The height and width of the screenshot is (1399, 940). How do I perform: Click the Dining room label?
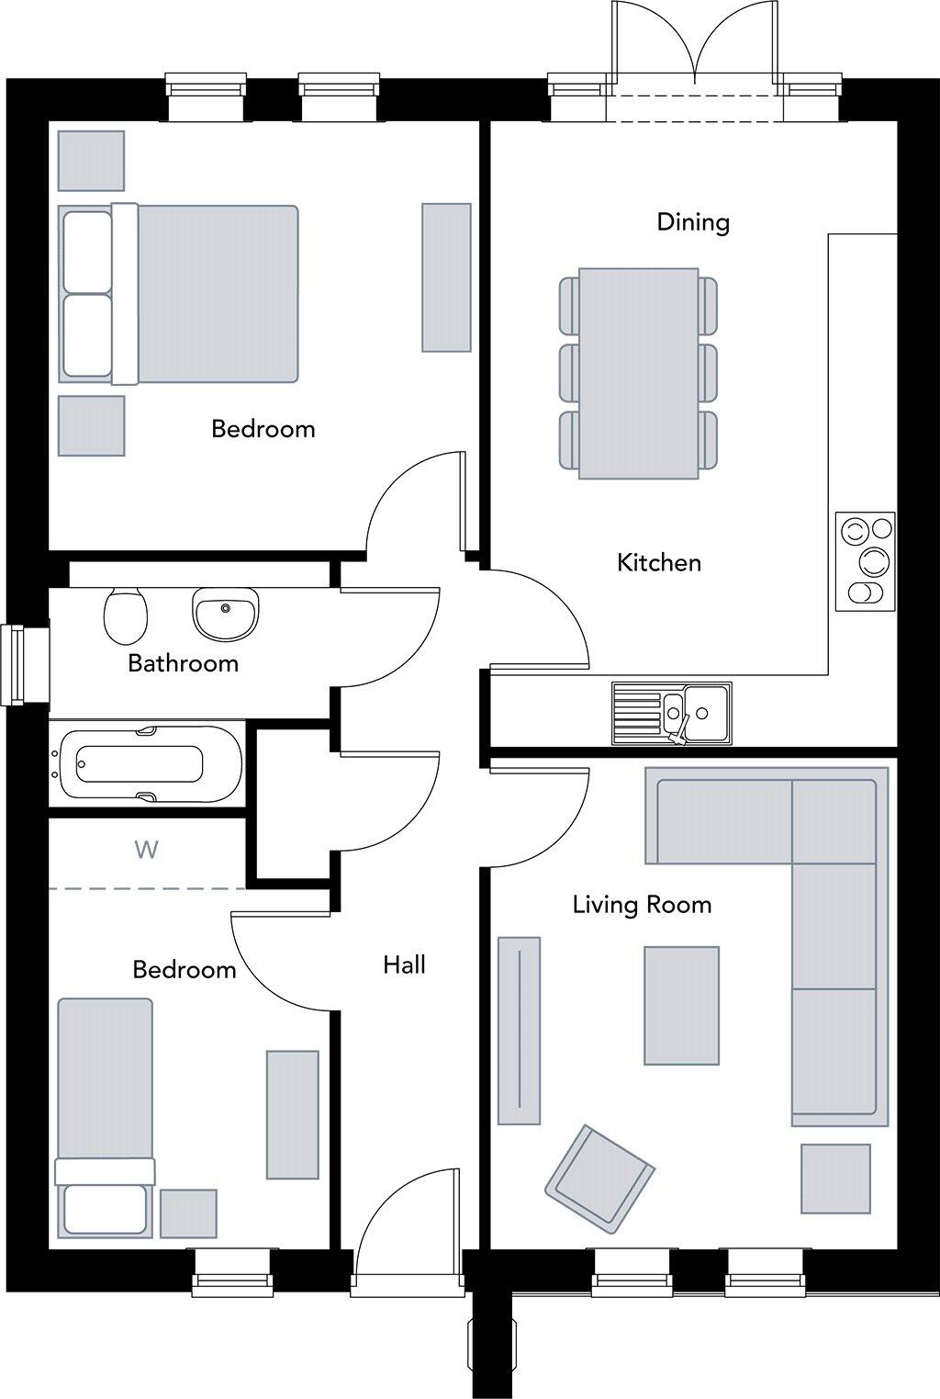pos(693,222)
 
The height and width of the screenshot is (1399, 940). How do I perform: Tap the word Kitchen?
pos(659,562)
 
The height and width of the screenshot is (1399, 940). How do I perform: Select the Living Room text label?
pos(642,905)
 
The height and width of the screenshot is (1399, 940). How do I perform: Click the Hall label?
pos(404,965)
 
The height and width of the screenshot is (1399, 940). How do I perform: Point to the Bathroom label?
pos(183,663)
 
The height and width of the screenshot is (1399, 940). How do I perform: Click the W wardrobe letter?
pos(146,850)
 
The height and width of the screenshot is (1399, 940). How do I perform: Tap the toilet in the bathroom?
pos(126,615)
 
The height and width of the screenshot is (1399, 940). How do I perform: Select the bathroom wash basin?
pos(225,615)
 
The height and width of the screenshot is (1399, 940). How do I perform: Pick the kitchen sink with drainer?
pos(672,714)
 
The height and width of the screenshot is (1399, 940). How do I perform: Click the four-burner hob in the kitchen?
pos(865,561)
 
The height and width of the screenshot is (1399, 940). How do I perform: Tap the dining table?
pos(638,373)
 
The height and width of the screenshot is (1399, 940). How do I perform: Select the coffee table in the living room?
pos(681,1006)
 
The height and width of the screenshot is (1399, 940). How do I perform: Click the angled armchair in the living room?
pos(599,1178)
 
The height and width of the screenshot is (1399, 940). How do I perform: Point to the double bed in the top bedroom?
pos(180,294)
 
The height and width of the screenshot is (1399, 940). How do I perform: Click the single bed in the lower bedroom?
pos(105,1116)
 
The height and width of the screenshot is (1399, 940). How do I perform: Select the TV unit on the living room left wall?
pos(519,1031)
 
